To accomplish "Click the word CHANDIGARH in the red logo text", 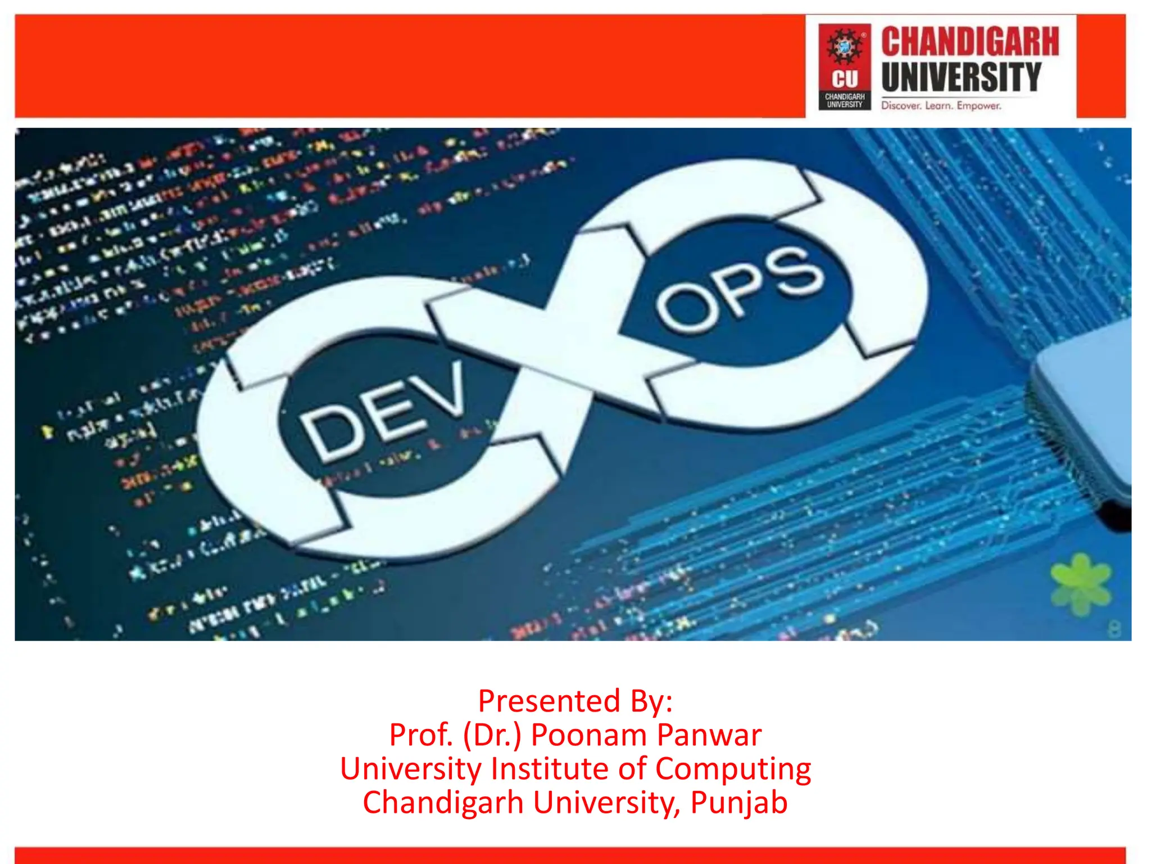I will point(970,42).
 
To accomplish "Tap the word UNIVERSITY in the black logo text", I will point(962,77).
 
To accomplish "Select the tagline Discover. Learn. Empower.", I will point(941,106).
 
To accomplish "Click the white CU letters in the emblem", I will point(845,79).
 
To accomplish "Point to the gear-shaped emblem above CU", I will point(844,46).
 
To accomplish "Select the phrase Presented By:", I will point(575,701).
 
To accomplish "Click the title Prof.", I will point(421,735).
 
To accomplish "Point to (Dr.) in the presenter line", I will point(492,735).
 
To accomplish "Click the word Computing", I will point(733,769).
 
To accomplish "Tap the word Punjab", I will point(738,803).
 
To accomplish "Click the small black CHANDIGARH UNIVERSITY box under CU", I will point(845,101).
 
